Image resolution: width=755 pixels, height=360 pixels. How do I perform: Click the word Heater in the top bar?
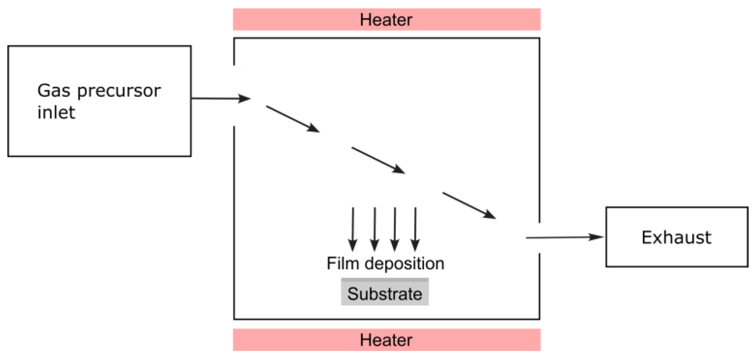tap(386, 20)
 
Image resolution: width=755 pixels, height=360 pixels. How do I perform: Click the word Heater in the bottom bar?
tap(386, 340)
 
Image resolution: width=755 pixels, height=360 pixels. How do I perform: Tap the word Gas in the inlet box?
tap(54, 91)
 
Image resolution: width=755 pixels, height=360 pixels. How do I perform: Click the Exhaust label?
tap(676, 237)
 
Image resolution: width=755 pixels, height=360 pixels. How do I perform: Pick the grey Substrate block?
tap(385, 292)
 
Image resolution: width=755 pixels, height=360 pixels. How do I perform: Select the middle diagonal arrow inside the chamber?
tap(378, 160)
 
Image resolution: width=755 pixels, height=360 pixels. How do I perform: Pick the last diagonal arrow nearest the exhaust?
tap(469, 205)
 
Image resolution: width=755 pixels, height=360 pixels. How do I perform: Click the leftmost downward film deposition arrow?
tap(353, 229)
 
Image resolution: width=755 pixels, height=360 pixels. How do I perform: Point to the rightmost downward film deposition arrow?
tap(415, 229)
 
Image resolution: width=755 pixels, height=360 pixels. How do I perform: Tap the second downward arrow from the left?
tap(374, 229)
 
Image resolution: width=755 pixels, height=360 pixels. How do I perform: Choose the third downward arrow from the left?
tap(395, 229)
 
